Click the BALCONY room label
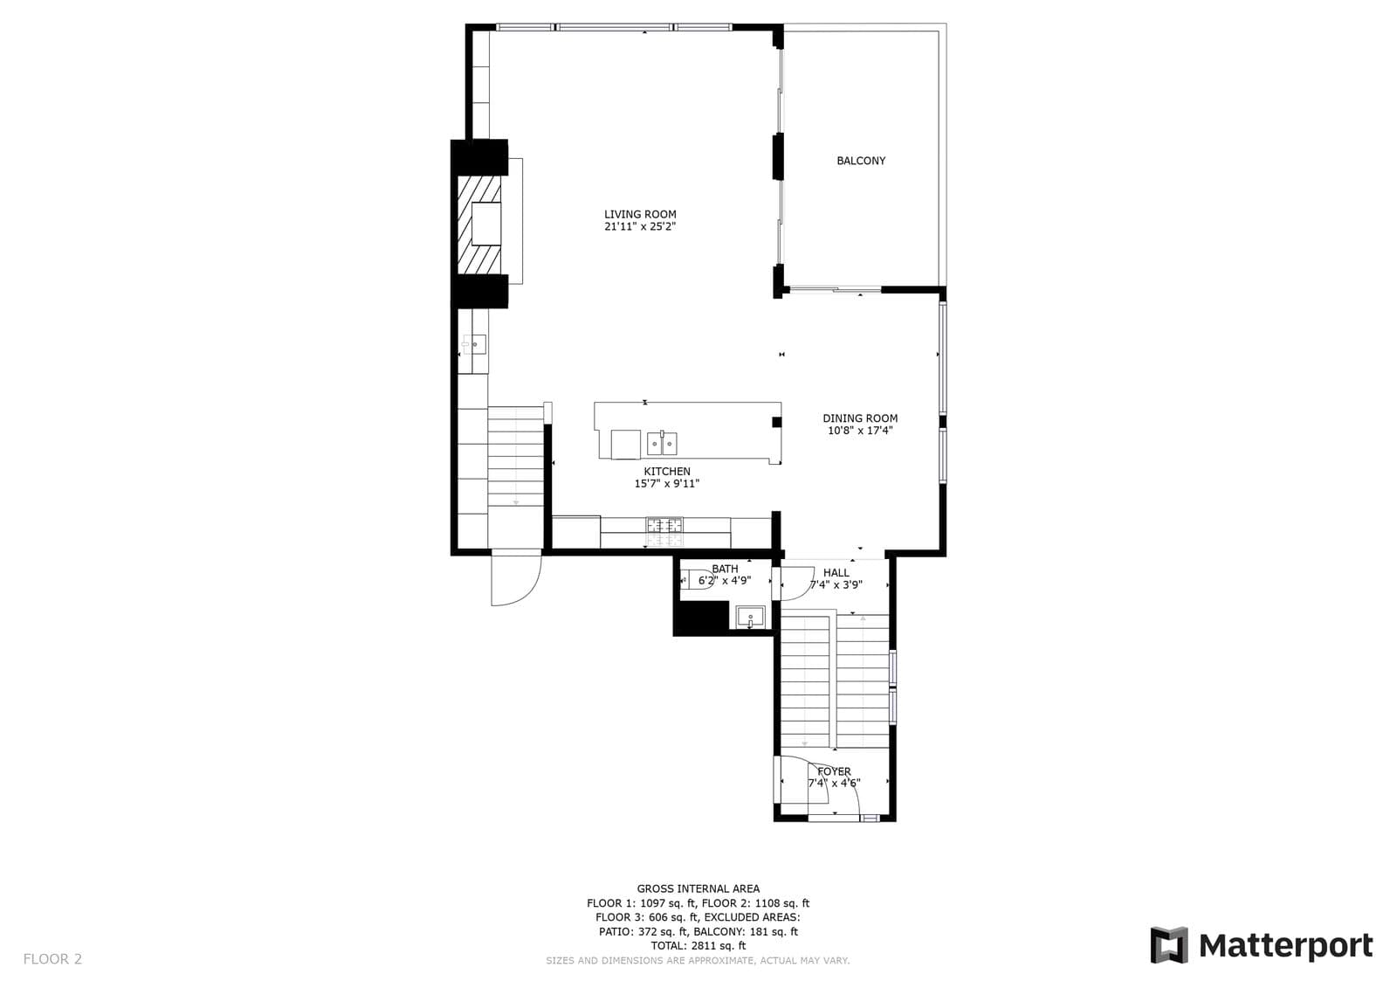861,161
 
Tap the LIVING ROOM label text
640,214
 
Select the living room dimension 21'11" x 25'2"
640,226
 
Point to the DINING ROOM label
860,418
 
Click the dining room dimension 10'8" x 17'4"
860,431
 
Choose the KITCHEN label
667,472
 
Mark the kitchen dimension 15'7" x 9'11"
667,484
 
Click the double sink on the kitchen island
663,443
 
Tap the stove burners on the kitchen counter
664,532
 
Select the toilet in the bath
689,580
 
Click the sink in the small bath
750,618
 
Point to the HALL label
836,573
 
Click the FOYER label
835,771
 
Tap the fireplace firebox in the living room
486,224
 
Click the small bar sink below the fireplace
475,344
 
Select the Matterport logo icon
1170,945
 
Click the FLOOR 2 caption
52,959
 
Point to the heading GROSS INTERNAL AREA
698,888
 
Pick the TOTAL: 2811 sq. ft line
698,945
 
